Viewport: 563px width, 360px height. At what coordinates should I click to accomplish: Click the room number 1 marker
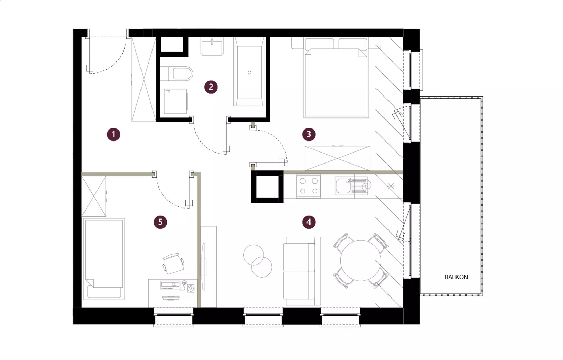pos(113,134)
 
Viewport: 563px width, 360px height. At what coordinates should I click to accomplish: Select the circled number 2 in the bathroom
pos(211,87)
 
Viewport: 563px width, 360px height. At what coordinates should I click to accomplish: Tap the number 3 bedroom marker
pos(309,134)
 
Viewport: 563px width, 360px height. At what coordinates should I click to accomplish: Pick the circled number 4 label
pos(309,222)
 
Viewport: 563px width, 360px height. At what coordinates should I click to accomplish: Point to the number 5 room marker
pos(160,222)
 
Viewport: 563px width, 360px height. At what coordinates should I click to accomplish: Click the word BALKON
pos(456,277)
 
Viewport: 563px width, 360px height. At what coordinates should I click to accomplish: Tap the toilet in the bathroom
pos(177,74)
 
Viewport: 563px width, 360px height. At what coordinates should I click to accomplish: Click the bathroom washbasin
pos(212,46)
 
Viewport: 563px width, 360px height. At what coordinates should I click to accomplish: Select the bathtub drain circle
pos(249,73)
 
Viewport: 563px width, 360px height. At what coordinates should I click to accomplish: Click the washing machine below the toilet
pos(176,101)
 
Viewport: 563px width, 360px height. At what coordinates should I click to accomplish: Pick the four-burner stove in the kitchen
pos(309,186)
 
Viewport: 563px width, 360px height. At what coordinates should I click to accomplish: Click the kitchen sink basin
pos(343,186)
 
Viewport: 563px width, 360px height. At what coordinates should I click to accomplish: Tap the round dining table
pos(361,260)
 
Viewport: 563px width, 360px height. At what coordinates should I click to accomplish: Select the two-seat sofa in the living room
pos(302,271)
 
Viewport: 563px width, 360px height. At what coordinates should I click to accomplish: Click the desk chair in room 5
pos(173,263)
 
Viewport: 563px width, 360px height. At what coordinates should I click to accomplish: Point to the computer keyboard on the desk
pos(170,285)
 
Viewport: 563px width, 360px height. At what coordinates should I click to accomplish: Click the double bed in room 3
pos(336,78)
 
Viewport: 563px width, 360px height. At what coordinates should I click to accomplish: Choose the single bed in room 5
pos(103,259)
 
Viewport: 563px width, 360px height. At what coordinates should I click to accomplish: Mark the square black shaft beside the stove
pos(268,187)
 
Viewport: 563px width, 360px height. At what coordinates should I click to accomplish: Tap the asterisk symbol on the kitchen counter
pos(391,186)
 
